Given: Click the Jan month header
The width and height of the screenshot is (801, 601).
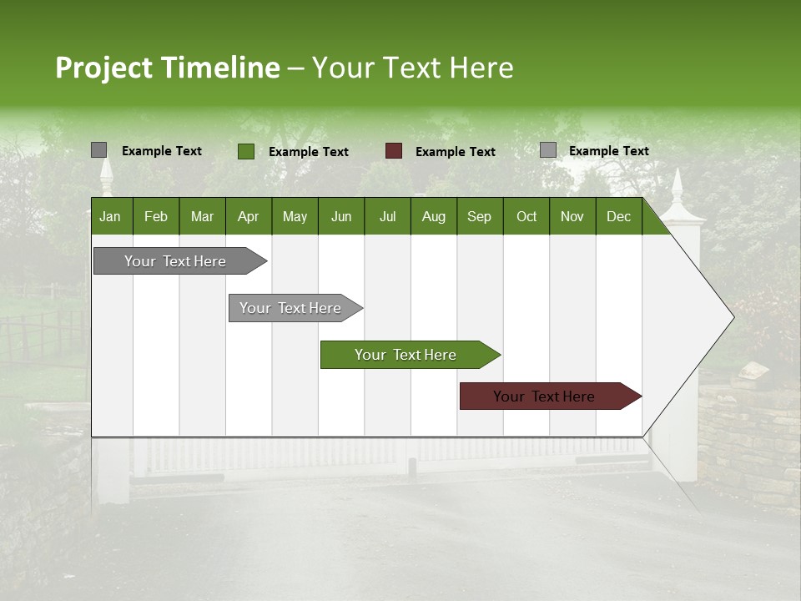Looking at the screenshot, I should click(111, 216).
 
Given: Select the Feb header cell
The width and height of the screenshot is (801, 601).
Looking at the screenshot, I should click(156, 216).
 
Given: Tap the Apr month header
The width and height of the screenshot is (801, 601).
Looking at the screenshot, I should click(249, 216).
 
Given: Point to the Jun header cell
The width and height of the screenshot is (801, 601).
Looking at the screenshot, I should click(341, 216).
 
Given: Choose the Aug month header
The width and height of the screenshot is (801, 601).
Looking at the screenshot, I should click(434, 216).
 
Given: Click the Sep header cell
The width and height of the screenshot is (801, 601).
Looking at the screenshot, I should click(480, 216).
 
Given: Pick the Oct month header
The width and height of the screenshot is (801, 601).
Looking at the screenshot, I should click(526, 216).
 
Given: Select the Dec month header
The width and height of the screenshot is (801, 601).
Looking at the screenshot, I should click(619, 216).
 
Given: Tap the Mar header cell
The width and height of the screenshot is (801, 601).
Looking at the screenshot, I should click(203, 216).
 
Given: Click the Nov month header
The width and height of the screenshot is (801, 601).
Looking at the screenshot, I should click(572, 216).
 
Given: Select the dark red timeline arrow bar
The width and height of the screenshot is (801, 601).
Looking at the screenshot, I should click(545, 396).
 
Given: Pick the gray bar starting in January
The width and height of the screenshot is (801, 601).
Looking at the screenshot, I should click(176, 261).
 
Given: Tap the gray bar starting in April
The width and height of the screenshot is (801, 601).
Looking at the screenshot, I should click(291, 308).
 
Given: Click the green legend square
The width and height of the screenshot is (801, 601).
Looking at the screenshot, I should click(246, 151).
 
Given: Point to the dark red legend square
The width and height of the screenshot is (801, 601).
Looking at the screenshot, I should click(394, 151).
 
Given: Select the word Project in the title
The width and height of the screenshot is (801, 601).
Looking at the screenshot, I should click(104, 68).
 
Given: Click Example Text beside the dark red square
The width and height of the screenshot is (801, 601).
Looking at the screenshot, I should click(456, 152).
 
